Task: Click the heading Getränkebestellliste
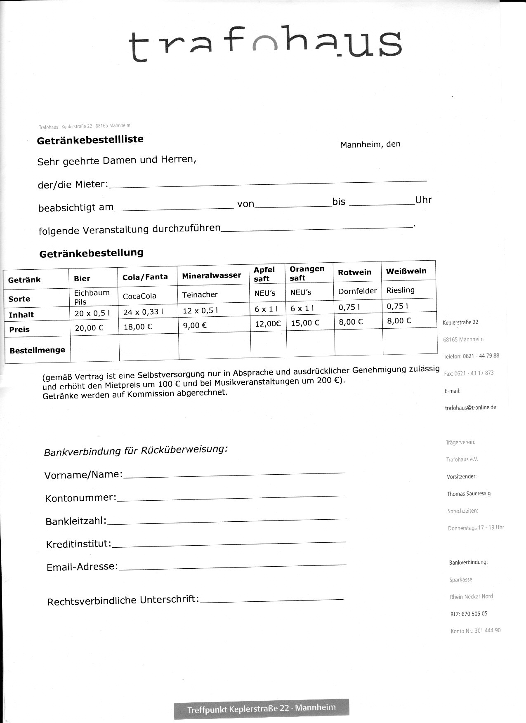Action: pyautogui.click(x=90, y=140)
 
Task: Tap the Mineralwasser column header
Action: pyautogui.click(x=211, y=276)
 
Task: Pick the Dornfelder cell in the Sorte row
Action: pyautogui.click(x=357, y=291)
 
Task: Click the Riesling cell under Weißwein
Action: pyautogui.click(x=400, y=290)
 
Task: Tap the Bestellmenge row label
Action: pyautogui.click(x=37, y=350)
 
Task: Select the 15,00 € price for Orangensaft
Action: pyautogui.click(x=305, y=323)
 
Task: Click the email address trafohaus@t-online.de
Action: pyautogui.click(x=470, y=407)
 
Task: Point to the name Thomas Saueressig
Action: pyautogui.click(x=469, y=494)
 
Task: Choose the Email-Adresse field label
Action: pyautogui.click(x=82, y=567)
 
